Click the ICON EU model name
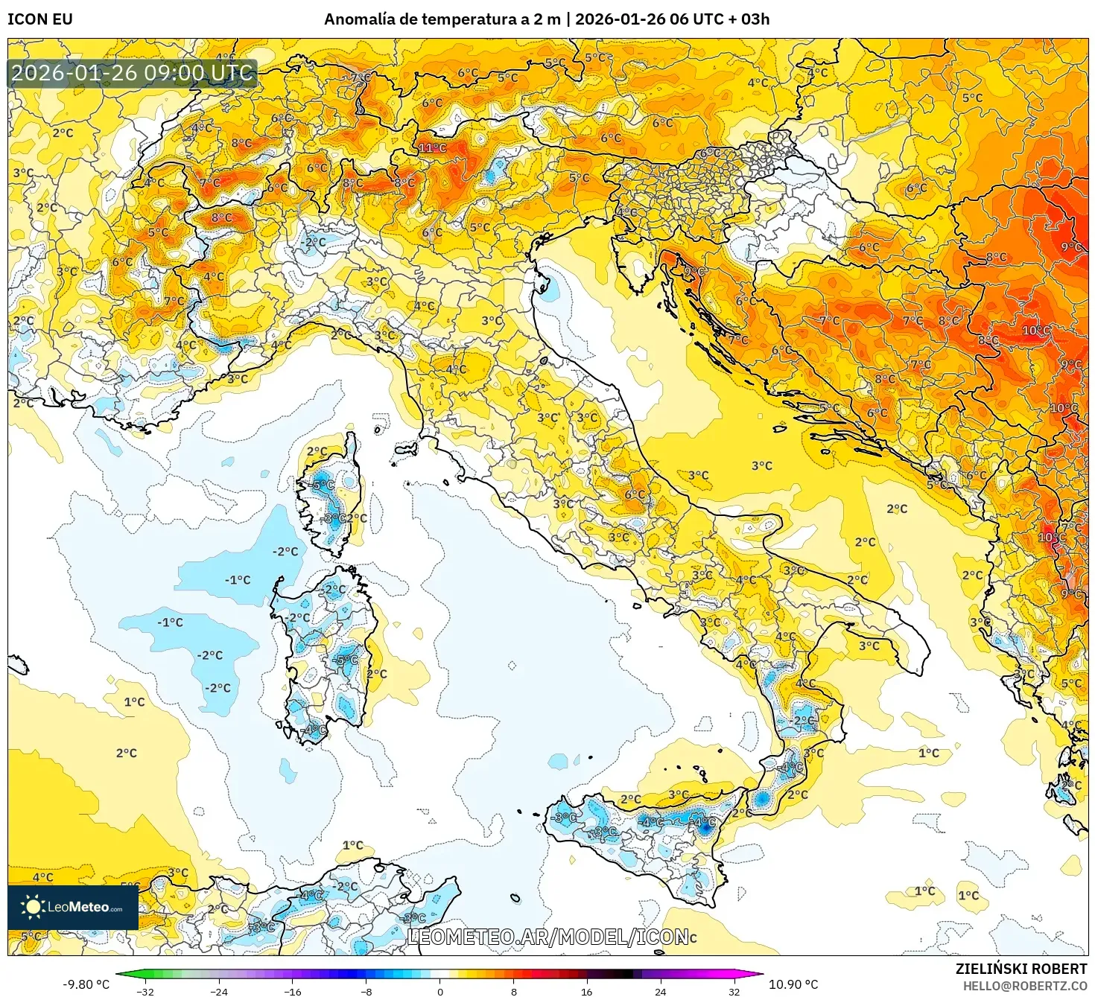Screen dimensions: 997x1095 40,19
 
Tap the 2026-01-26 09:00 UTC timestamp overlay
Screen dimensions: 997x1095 133,73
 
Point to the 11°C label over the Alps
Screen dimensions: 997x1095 432,148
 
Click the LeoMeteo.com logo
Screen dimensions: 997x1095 73,907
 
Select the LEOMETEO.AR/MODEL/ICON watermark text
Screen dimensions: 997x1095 547,937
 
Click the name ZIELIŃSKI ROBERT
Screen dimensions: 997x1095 1021,969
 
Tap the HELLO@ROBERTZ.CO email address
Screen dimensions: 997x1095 1025,986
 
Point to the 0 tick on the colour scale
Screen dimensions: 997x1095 440,991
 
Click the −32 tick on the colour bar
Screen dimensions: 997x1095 146,991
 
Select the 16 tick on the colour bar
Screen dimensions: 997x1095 587,991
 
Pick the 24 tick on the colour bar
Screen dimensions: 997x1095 661,991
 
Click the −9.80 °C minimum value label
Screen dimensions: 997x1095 86,984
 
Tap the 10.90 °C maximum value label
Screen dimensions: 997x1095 793,984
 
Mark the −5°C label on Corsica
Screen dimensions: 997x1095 323,485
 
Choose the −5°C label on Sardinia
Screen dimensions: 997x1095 346,660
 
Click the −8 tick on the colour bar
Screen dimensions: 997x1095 366,991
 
